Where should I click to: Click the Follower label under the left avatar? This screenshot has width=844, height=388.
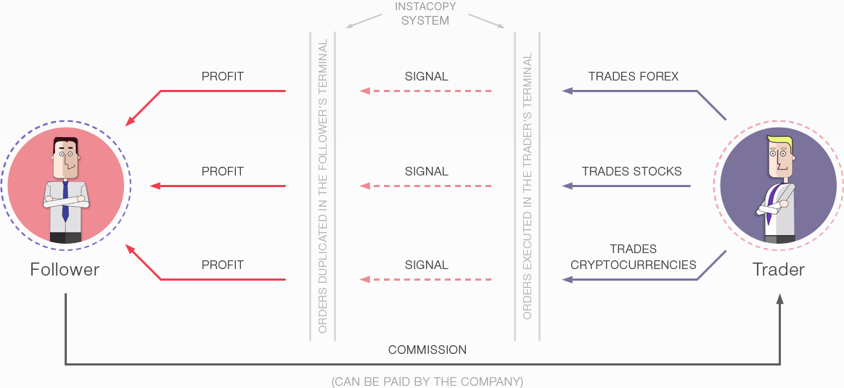click(65, 270)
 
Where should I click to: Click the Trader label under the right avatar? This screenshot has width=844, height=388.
click(778, 270)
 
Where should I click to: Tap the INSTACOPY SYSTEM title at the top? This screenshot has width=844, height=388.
click(425, 14)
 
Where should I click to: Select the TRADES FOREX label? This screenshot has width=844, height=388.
click(634, 76)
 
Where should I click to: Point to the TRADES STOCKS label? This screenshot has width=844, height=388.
click(631, 172)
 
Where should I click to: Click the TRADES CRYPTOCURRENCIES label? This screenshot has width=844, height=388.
click(633, 257)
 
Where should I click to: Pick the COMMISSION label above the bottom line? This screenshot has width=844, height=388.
click(427, 350)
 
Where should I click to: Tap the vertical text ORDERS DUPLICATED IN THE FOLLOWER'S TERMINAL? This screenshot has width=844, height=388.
click(323, 186)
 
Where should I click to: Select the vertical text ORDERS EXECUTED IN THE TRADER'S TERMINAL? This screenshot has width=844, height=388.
click(528, 186)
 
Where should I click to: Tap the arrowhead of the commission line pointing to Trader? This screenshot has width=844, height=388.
click(780, 299)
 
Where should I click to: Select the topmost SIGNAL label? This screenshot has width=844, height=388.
click(426, 76)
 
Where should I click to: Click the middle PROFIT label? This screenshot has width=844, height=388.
click(222, 172)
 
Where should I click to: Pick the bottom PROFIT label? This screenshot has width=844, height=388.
click(222, 265)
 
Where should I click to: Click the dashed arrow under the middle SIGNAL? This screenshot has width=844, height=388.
click(426, 186)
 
